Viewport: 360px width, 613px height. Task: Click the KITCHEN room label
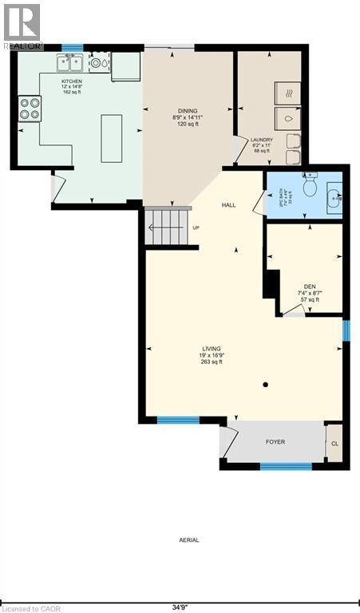[72, 81]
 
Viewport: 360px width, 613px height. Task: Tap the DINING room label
[188, 111]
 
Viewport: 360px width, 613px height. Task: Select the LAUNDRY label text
[262, 140]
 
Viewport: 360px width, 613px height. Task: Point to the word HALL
[229, 205]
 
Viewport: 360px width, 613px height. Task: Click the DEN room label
[309, 287]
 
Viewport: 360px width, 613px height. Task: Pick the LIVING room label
[211, 349]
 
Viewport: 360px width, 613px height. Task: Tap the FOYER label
[275, 441]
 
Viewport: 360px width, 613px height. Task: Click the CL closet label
[334, 443]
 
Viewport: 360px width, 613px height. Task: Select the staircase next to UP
[168, 227]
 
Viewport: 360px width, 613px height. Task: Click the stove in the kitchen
[30, 108]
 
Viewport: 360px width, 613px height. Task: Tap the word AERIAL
[188, 540]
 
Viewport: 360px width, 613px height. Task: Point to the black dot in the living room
[265, 385]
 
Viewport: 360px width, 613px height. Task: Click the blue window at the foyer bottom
[286, 465]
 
